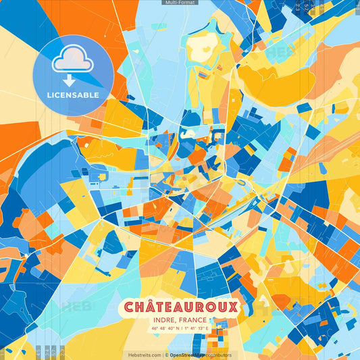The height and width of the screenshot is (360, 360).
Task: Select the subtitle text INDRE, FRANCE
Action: (180, 322)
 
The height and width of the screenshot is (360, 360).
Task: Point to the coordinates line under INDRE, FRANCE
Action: (180, 330)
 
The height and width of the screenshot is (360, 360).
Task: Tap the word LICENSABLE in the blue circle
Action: (73, 95)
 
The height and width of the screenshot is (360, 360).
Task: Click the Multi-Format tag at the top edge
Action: (180, 3)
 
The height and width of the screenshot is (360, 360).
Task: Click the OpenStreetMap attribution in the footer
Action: (188, 355)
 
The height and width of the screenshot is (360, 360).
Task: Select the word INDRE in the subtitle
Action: (165, 322)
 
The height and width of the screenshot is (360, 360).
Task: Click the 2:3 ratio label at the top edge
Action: (298, 6)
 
